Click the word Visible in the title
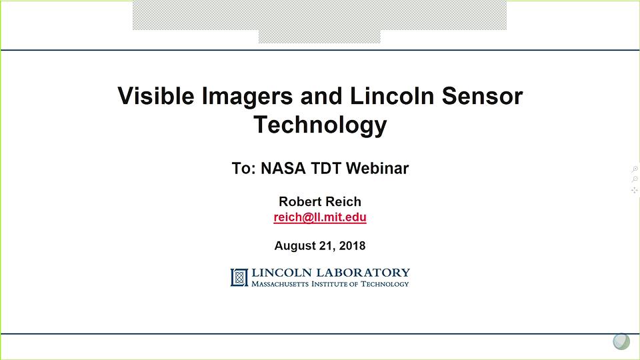click(156, 96)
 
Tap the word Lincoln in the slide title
click(392, 96)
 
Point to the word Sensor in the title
click(482, 96)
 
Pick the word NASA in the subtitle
click(283, 168)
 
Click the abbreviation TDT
click(325, 168)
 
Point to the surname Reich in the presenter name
click(343, 201)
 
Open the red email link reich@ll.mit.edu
click(320, 217)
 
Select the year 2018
click(352, 246)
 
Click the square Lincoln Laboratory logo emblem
click(239, 277)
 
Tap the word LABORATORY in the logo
click(363, 273)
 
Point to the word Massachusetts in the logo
click(280, 284)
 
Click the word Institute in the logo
click(329, 284)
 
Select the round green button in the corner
click(621, 341)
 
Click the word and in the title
click(321, 96)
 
